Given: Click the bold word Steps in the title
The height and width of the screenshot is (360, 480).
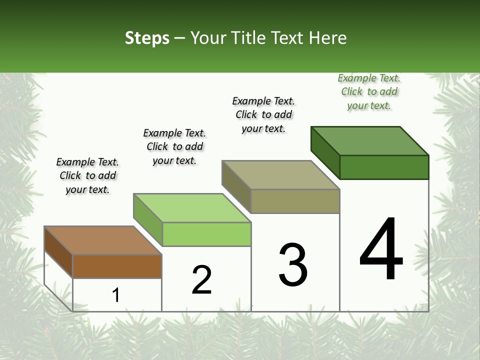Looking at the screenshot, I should (x=147, y=38).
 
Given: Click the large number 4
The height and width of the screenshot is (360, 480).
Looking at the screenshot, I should (x=381, y=249).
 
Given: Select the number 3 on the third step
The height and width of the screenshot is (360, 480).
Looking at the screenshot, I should (x=292, y=265).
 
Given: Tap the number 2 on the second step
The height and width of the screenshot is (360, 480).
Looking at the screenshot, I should (x=201, y=280).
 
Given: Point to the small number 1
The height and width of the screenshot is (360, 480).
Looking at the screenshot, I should (x=115, y=295).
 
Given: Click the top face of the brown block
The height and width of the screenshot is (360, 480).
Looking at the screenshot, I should (x=103, y=240).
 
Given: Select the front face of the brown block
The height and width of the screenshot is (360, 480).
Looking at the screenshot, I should (x=117, y=266).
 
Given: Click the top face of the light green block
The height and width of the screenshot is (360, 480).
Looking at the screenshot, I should (x=192, y=207).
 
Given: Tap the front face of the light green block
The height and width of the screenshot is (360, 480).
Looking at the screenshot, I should (x=206, y=234).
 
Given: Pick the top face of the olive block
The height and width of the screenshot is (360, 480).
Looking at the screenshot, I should (x=280, y=175).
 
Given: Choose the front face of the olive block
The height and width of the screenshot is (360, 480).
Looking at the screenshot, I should (x=295, y=201).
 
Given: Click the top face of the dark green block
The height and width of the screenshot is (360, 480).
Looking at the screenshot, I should (x=369, y=140).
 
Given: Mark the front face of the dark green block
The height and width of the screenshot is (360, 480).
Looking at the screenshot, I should (x=384, y=167).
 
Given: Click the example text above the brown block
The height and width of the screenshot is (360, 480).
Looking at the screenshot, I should (x=87, y=175).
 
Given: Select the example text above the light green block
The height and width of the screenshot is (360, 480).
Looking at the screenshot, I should (x=174, y=146).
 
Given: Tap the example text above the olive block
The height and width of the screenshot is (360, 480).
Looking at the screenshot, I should (x=263, y=114).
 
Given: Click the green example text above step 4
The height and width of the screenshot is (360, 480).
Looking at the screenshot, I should (x=369, y=91).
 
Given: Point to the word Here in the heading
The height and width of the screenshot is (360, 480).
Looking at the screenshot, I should (x=328, y=38).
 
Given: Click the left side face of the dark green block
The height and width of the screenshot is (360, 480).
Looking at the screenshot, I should (x=325, y=152).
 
